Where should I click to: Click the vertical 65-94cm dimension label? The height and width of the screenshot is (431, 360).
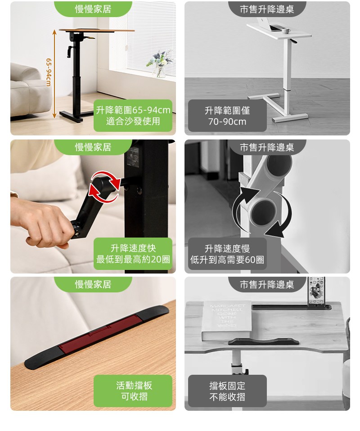click(x=49, y=72)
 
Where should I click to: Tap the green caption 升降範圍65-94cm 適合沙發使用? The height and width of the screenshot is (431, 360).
click(x=133, y=116)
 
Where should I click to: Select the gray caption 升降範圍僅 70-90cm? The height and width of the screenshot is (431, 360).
click(x=227, y=116)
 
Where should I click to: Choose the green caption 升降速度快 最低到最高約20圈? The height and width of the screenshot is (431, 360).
click(x=133, y=254)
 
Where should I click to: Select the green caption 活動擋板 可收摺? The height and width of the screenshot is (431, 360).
click(x=133, y=391)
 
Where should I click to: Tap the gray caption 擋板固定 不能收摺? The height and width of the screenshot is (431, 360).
click(x=227, y=391)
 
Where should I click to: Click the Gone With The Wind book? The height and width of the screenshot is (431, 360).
click(x=227, y=321)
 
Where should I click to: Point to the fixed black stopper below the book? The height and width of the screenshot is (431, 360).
click(x=264, y=341)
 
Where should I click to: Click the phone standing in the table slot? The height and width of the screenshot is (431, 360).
click(x=316, y=291)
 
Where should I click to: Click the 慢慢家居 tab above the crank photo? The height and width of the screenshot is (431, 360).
click(x=93, y=147)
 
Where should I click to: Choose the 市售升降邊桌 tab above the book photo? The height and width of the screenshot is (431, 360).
click(x=267, y=284)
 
